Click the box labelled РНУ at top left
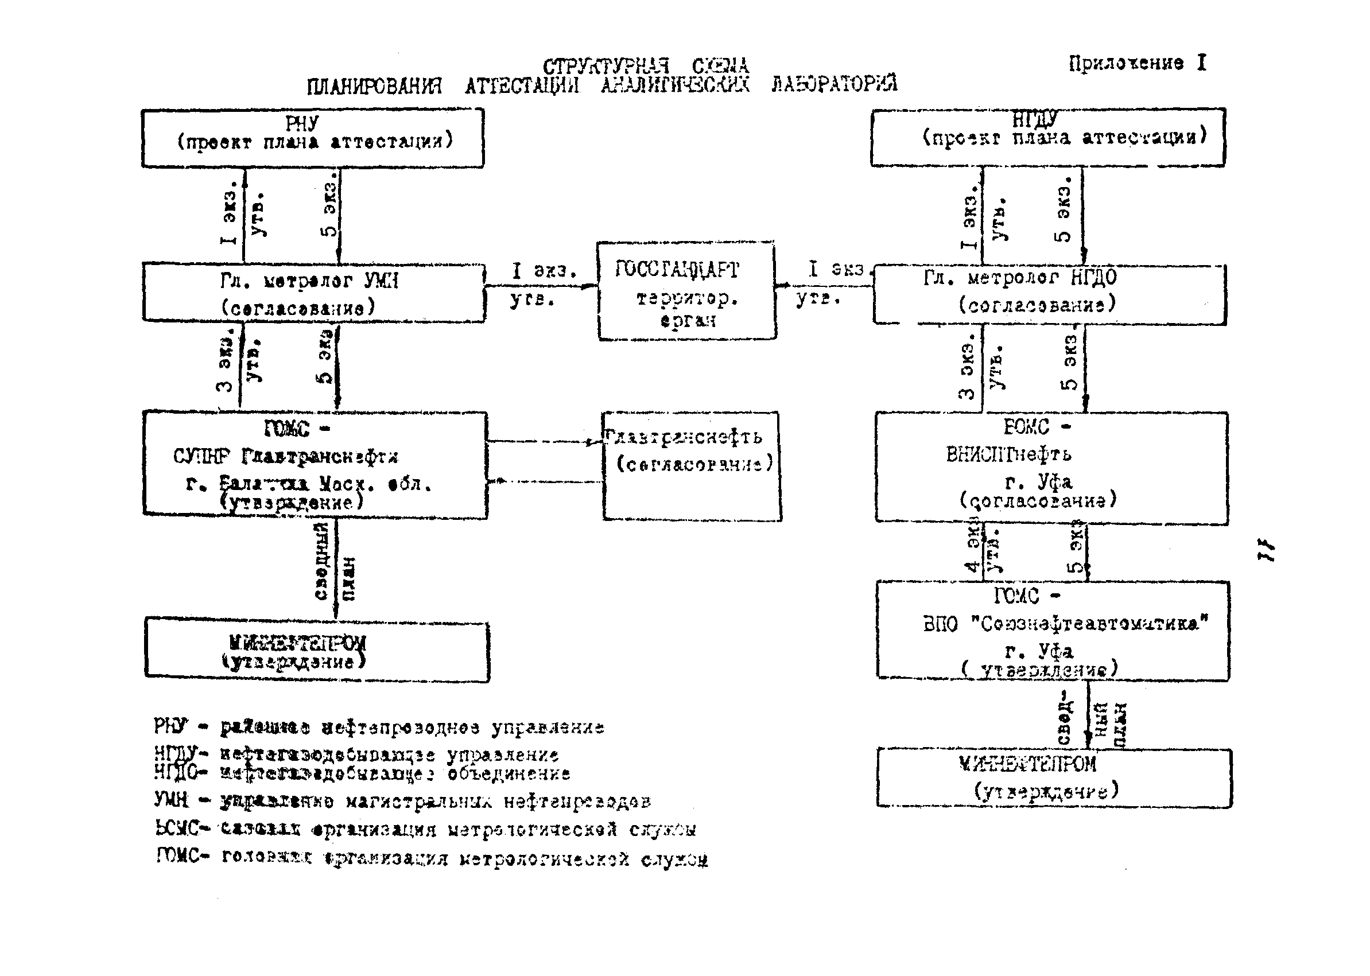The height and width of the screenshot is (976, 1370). click(313, 138)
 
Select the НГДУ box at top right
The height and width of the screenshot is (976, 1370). click(1047, 137)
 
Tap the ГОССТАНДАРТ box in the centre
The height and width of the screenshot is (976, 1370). click(686, 291)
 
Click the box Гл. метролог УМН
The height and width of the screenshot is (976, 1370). click(313, 293)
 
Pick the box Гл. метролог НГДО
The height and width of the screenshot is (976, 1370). click(1049, 294)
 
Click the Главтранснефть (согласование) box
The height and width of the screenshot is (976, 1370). click(691, 466)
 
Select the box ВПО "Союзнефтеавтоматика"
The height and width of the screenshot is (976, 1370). click(1052, 631)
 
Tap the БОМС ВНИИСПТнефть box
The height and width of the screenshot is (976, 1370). click(1051, 468)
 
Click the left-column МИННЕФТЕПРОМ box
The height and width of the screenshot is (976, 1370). click(316, 652)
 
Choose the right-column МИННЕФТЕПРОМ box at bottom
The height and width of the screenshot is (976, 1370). click(1053, 777)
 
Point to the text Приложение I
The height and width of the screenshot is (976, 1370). click(1136, 63)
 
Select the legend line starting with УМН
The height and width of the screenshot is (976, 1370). click(403, 801)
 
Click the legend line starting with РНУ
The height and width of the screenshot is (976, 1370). click(379, 727)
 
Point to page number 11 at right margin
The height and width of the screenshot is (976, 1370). click(1266, 550)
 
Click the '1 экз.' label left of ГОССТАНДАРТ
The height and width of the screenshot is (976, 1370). click(544, 270)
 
